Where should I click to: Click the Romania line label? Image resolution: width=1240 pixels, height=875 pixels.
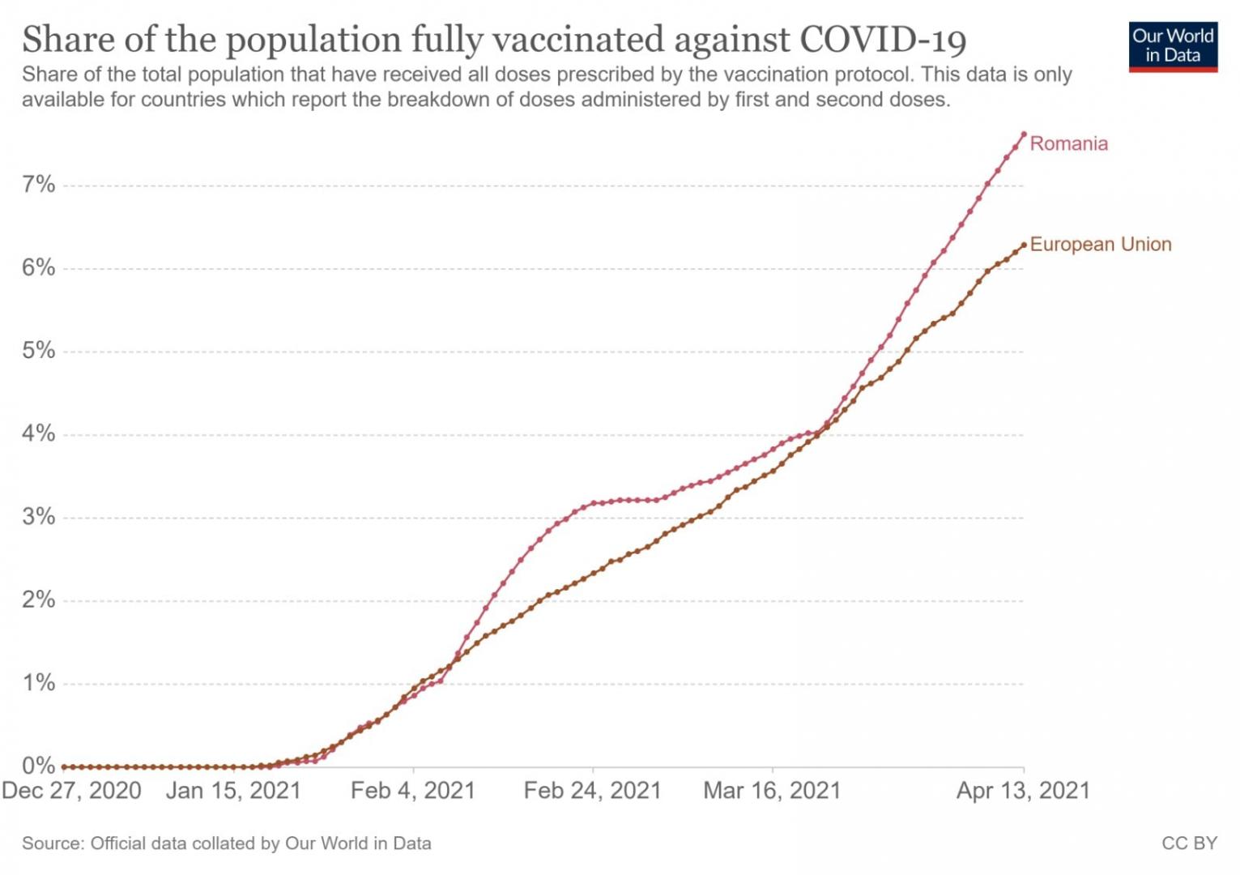pos(1068,144)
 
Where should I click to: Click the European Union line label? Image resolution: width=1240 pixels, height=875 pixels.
pos(1100,245)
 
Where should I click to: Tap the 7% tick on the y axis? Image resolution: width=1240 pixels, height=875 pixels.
pos(38,185)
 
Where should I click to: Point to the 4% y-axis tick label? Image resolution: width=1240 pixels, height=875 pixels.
pos(38,433)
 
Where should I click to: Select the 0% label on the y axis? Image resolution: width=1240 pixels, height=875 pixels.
pos(38,766)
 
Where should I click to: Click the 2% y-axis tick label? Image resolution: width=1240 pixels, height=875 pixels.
pos(38,600)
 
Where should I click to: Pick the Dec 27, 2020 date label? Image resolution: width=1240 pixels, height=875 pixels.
pos(71,791)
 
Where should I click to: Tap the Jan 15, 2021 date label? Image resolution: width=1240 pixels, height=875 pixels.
pos(233,791)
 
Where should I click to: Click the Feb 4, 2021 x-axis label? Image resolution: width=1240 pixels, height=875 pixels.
pos(413,791)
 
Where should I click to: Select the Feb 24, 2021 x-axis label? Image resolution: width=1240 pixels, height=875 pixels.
pos(592,791)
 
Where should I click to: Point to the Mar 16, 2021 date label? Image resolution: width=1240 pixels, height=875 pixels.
pos(772,791)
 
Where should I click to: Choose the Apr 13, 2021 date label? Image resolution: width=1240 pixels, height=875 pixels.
pos(1023,791)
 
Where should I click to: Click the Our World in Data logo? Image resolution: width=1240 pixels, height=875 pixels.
pos(1172,47)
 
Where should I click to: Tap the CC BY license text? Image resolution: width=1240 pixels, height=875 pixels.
pos(1189,843)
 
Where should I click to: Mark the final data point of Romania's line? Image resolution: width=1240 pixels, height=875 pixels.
pos(1024,134)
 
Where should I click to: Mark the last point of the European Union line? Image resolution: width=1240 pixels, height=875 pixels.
pos(1024,245)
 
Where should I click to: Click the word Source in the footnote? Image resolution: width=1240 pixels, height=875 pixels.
pos(52,843)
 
